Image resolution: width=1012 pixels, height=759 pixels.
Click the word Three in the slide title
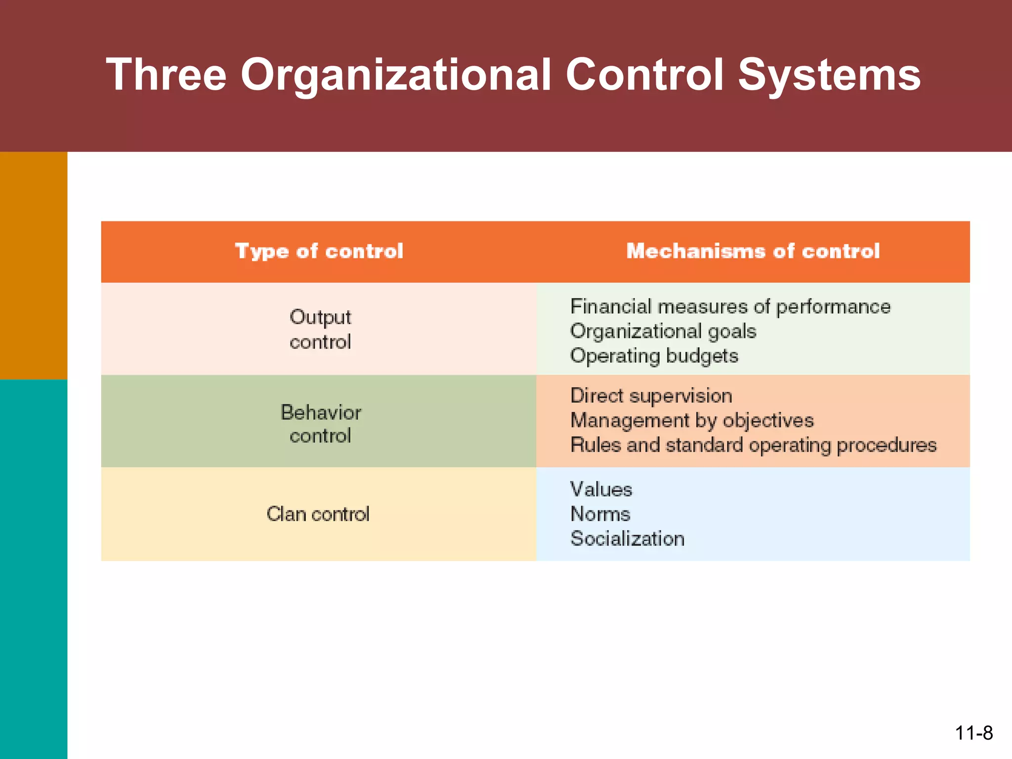click(x=166, y=75)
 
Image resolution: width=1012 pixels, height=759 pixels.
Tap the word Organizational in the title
click(x=395, y=75)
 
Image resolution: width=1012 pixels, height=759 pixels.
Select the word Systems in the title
click(x=829, y=75)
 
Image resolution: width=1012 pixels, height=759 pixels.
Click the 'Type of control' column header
click(x=319, y=251)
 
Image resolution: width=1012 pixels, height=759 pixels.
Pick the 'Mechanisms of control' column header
click(x=753, y=251)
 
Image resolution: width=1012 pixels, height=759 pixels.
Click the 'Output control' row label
click(x=320, y=329)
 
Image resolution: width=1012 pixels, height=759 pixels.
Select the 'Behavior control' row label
click(x=320, y=424)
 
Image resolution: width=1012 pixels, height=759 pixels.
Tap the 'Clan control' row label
click(x=318, y=514)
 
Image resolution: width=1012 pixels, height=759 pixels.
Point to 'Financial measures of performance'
click(x=730, y=306)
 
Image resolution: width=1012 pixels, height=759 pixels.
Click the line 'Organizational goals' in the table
click(x=663, y=331)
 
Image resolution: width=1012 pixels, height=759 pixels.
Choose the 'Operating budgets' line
click(x=654, y=356)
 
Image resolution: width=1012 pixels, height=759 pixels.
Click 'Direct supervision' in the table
click(x=651, y=396)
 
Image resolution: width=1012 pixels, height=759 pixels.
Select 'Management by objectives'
click(x=692, y=421)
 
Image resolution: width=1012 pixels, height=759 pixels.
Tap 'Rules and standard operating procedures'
click(x=753, y=445)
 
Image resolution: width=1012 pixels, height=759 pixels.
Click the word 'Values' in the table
click(x=601, y=489)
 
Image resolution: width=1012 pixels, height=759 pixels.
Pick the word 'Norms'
click(x=600, y=514)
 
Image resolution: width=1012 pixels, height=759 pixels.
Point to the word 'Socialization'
click(x=627, y=539)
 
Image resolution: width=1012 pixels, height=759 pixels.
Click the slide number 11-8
click(x=973, y=733)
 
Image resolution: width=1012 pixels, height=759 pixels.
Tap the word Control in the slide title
click(x=644, y=75)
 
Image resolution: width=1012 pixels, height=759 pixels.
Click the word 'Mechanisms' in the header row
click(x=696, y=251)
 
